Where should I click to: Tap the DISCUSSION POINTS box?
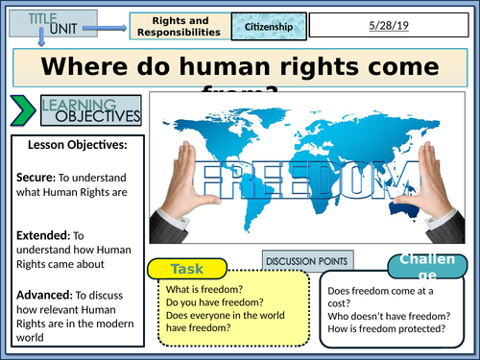[x=307, y=260]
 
